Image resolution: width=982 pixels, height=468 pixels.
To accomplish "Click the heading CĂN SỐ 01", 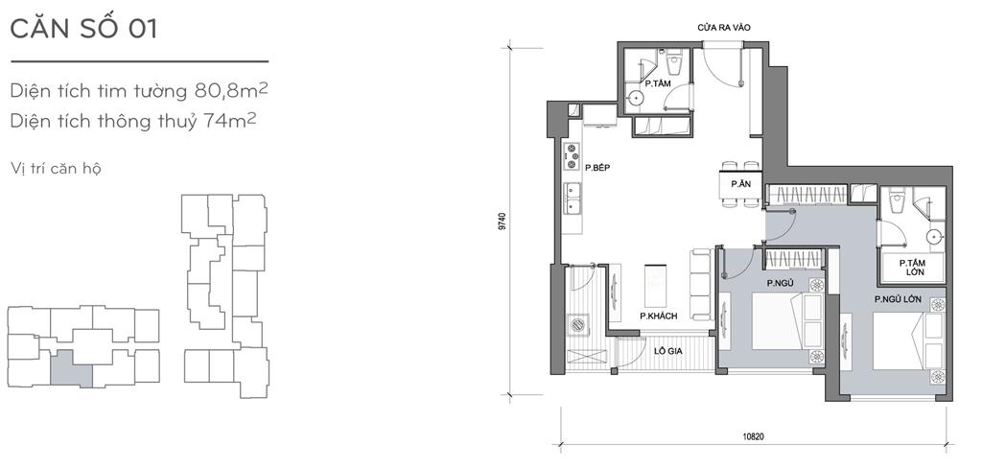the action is [83, 30].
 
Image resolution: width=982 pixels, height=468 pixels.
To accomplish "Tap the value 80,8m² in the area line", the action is [231, 91].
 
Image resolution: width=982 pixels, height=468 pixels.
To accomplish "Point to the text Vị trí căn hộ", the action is [56, 169].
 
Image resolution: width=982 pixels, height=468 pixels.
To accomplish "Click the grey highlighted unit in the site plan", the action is [71, 367].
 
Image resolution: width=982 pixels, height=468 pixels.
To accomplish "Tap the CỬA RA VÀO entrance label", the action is [724, 28].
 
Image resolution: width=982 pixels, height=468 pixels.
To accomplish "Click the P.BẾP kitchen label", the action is [597, 167].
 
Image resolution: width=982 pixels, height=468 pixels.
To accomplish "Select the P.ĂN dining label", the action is [741, 184].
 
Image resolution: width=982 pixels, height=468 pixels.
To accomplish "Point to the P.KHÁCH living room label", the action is [658, 316].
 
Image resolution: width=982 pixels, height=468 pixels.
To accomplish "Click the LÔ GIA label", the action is [667, 351].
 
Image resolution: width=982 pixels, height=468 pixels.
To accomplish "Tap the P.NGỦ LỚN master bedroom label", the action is [898, 299].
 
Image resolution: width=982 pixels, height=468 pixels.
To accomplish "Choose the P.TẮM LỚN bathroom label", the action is [913, 268].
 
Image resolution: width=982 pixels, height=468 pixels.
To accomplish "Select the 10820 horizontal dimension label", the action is [756, 436].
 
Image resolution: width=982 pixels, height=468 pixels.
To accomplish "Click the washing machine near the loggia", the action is [576, 325].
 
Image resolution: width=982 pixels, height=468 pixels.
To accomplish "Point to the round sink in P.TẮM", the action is [636, 98].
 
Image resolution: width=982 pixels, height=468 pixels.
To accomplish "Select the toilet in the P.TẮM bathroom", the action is [674, 63].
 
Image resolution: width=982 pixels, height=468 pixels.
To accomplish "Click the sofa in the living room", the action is [701, 284].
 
